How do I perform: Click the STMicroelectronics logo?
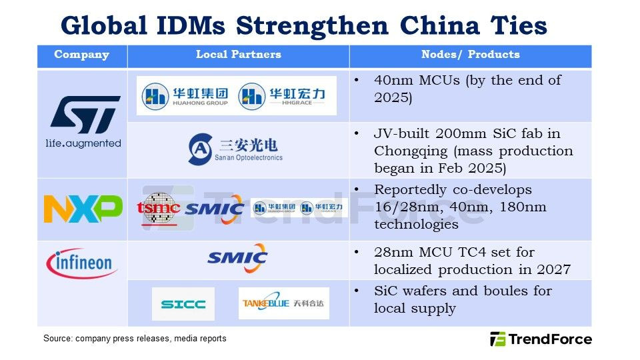[84, 121]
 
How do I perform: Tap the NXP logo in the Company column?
[83, 209]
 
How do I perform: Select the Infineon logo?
[82, 263]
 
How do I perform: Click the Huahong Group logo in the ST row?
[185, 96]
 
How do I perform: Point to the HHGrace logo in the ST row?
[281, 96]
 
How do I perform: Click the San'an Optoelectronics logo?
[235, 149]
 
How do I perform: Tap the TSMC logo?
[159, 209]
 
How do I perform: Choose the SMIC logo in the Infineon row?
[237, 258]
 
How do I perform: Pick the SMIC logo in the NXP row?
[215, 209]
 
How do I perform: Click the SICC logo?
[183, 304]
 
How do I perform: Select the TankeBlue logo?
[284, 303]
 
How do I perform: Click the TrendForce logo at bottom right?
[541, 339]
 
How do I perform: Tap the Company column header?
[81, 55]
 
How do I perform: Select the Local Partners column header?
[239, 54]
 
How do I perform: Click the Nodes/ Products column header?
[471, 54]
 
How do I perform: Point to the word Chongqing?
[411, 151]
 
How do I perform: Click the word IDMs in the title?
[191, 26]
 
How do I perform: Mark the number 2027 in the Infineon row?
[553, 269]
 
